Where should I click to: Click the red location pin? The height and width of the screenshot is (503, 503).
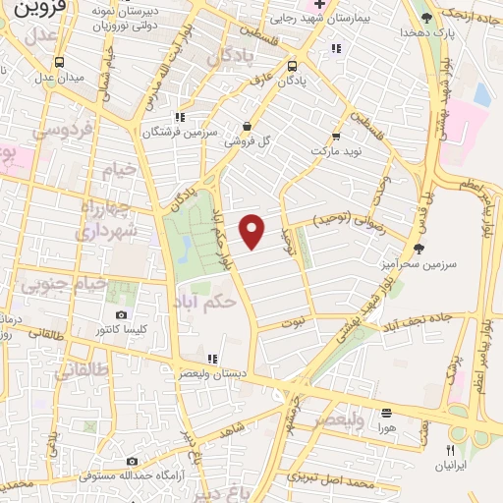click(253, 231)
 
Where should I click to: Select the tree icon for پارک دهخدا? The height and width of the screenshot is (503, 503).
click(426, 18)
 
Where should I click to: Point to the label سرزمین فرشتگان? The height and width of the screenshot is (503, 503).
click(178, 132)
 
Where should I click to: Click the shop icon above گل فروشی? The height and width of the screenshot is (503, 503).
click(246, 126)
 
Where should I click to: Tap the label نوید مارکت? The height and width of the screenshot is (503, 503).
click(336, 152)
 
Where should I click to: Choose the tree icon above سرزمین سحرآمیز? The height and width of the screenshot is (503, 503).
click(419, 249)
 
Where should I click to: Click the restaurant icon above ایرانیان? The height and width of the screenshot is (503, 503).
click(450, 449)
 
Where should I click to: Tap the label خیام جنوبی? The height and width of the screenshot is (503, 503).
click(50, 284)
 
